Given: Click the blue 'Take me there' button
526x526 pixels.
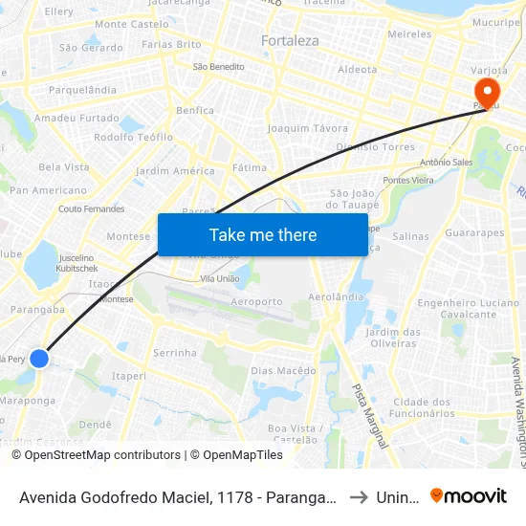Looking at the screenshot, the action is click(x=263, y=234).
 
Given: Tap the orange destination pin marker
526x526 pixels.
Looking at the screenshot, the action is click(x=487, y=93).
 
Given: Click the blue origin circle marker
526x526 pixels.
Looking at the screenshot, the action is click(x=39, y=358).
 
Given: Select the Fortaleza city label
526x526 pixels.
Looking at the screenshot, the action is click(x=290, y=41).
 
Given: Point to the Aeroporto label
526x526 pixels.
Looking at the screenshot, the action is click(x=255, y=301).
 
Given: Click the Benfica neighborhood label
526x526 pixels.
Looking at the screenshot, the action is click(x=195, y=110).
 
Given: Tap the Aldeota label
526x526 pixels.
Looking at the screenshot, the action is click(x=358, y=69).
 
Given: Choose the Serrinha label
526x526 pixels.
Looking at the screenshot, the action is click(x=175, y=352).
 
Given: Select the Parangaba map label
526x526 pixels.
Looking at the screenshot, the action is click(x=36, y=309).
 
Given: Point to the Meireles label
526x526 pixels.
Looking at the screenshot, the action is click(x=410, y=33).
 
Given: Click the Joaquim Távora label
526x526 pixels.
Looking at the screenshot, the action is click(x=308, y=128).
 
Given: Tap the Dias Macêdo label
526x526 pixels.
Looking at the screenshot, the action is click(x=283, y=370).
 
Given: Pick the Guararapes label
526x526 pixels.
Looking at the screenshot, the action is click(x=474, y=232).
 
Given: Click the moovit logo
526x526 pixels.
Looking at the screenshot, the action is click(x=469, y=495).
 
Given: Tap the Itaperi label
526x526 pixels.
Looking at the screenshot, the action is click(x=129, y=376).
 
